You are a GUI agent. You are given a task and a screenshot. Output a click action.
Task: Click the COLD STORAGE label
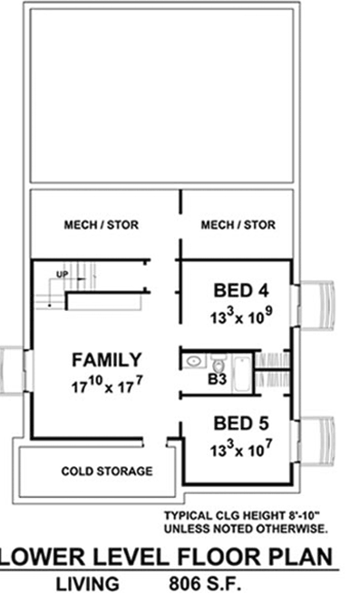point(106,472)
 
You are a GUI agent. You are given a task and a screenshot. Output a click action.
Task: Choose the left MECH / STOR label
point(101,225)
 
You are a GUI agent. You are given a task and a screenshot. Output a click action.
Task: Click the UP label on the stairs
point(63,273)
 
